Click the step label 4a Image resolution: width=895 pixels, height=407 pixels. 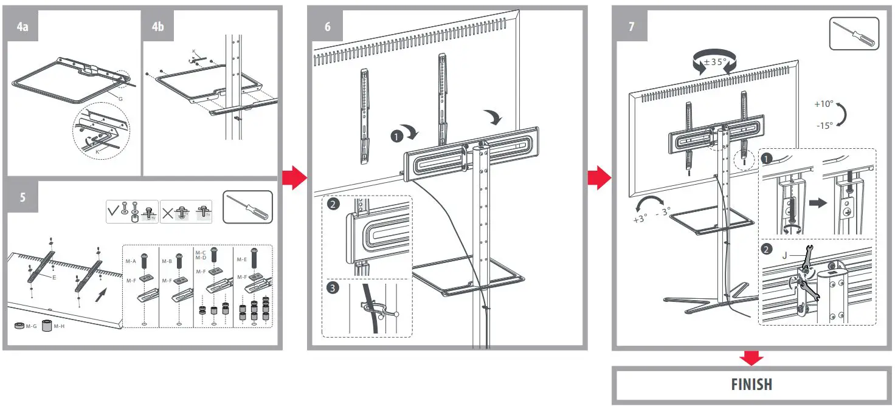22,27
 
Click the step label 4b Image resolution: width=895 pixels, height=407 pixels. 158,27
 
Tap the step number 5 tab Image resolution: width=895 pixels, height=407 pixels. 22,197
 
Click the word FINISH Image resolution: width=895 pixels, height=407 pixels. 752,385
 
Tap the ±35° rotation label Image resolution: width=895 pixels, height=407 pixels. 714,62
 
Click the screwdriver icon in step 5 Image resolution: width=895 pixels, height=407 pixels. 247,207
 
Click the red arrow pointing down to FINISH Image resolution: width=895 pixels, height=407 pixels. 752,358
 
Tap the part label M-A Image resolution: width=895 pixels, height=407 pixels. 131,261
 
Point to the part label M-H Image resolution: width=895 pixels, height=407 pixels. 59,327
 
